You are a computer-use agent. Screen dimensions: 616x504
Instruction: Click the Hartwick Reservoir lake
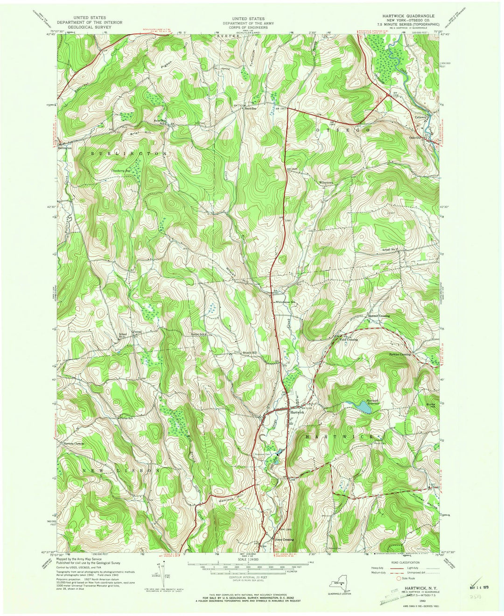point(363,407)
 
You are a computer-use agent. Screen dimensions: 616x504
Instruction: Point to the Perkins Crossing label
point(399,354)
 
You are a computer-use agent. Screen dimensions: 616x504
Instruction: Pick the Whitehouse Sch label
point(286,302)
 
